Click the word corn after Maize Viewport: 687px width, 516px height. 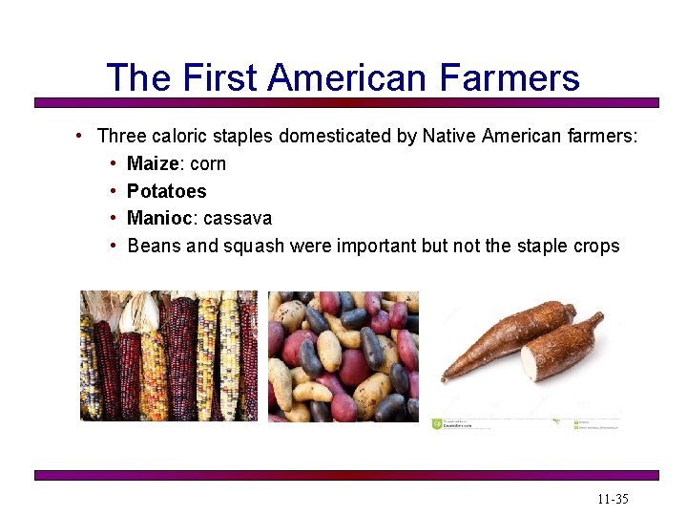click(x=208, y=163)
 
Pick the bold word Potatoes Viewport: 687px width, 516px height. click(x=166, y=191)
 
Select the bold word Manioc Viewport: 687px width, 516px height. click(x=159, y=218)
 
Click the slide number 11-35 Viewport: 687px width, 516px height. click(x=613, y=500)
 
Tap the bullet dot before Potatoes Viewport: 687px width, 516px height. click(x=114, y=191)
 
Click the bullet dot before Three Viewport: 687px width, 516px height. click(x=84, y=137)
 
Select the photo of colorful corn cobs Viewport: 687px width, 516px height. click(x=168, y=355)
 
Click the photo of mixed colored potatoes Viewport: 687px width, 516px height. click(x=343, y=355)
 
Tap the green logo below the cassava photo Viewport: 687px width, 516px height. click(x=438, y=424)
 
